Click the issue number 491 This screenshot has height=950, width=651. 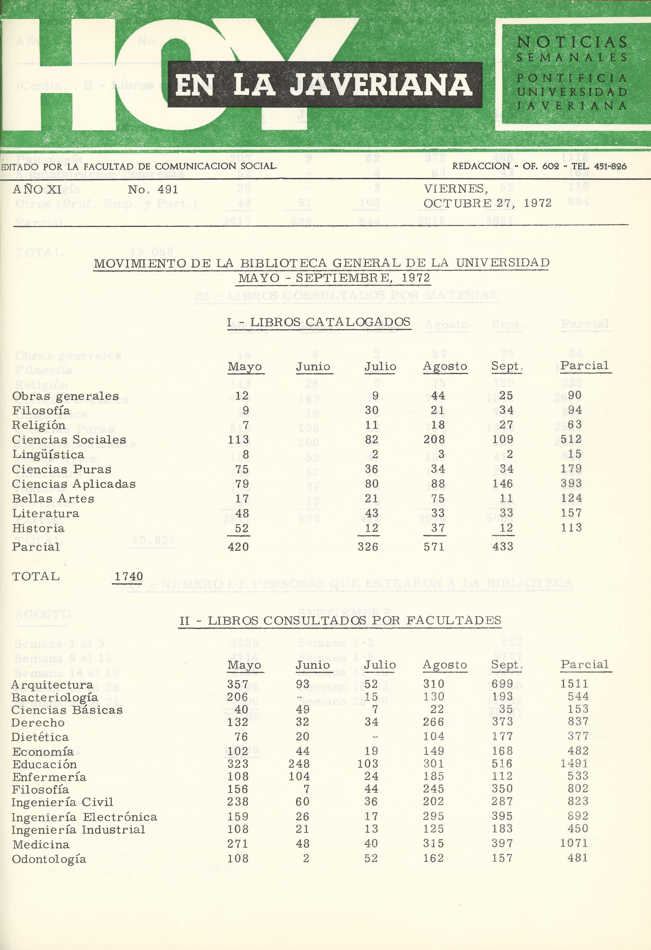coord(168,190)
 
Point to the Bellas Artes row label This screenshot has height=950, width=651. coord(53,499)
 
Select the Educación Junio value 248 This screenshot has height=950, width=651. coord(299,764)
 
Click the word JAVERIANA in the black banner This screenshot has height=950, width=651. coord(381,85)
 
